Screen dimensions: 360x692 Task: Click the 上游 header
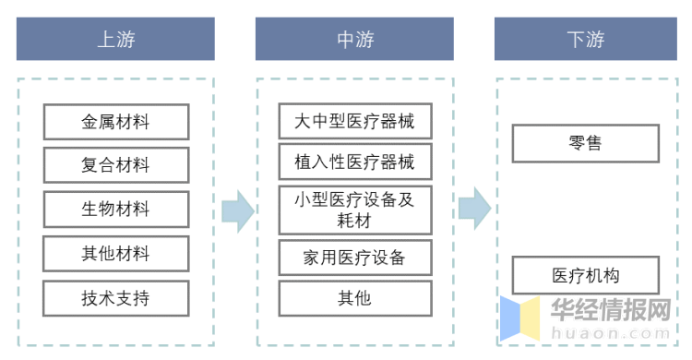(115, 40)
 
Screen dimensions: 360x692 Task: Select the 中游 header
(354, 40)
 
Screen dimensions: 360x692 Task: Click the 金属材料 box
(115, 122)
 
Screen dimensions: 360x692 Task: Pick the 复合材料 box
(115, 165)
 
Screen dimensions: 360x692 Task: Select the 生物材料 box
(115, 209)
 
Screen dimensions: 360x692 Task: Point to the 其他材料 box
(115, 253)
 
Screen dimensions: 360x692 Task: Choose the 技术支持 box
(115, 297)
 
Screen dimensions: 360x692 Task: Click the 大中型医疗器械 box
(354, 121)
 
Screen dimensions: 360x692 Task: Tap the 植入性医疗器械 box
(354, 162)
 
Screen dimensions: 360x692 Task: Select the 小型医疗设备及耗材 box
(354, 210)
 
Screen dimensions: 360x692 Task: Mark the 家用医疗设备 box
(354, 258)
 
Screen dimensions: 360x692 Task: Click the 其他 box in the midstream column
(354, 297)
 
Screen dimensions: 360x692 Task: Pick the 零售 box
(585, 144)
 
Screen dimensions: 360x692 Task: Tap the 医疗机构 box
(585, 275)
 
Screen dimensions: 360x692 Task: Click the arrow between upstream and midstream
(237, 211)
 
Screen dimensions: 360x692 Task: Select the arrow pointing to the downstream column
(474, 208)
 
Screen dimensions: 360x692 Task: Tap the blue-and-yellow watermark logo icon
(520, 318)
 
